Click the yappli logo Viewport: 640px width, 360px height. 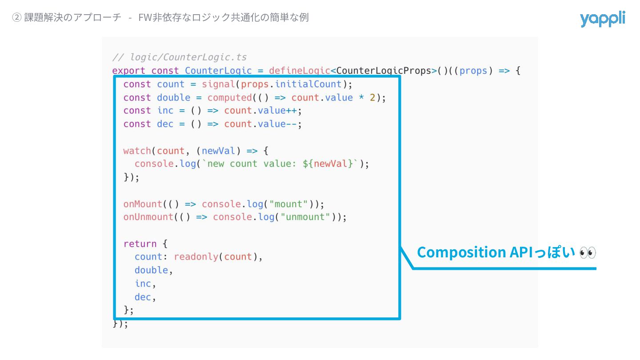(x=602, y=19)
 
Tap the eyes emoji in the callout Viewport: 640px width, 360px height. (x=588, y=252)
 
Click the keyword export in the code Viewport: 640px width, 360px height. (x=128, y=71)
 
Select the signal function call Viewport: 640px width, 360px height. (x=218, y=84)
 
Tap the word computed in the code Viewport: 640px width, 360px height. (x=229, y=97)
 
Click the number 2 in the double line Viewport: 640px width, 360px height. (x=372, y=97)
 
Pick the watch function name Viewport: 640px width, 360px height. (x=137, y=151)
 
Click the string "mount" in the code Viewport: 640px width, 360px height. (x=291, y=204)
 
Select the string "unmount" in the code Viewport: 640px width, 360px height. (x=308, y=217)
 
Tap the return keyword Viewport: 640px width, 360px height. (x=140, y=244)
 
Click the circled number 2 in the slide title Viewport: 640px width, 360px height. (x=16, y=18)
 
